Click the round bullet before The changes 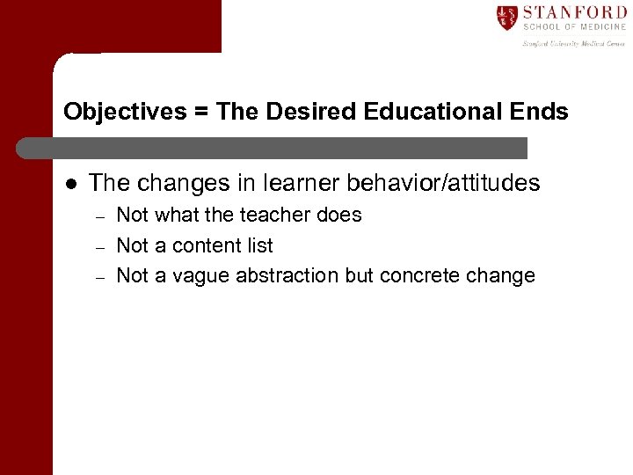70,183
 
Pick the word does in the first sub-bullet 341,216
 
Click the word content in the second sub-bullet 207,245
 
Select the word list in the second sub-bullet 259,245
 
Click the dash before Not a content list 100,246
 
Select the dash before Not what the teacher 100,216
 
